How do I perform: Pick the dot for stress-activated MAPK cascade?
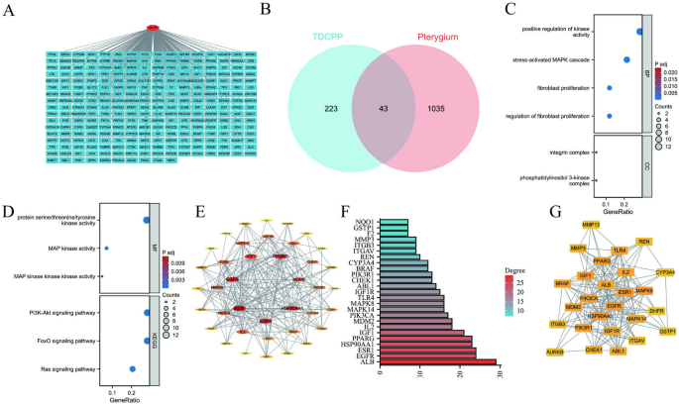coord(625,60)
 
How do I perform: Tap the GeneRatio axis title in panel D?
coord(124,394)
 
